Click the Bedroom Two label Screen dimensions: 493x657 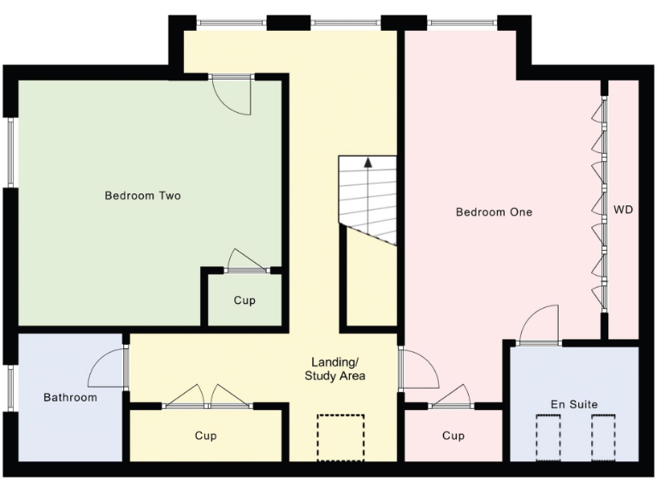pos(143,196)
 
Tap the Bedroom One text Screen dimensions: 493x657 pos(494,211)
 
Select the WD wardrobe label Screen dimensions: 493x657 pos(623,210)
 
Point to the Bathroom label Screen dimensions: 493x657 pos(70,397)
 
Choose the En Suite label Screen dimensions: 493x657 pos(574,403)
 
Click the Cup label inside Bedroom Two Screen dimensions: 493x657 pos(245,300)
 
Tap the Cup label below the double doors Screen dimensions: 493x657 pos(205,436)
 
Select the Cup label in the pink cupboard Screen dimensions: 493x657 pos(453,436)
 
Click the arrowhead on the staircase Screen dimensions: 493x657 pos(369,162)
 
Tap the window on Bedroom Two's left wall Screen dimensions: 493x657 pos(11,152)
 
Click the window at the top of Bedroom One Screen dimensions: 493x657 pos(462,22)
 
